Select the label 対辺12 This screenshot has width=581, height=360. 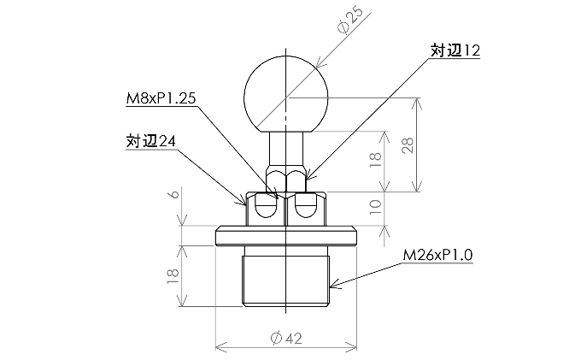pyautogui.click(x=455, y=52)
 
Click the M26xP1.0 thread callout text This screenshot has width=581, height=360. pyautogui.click(x=437, y=255)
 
